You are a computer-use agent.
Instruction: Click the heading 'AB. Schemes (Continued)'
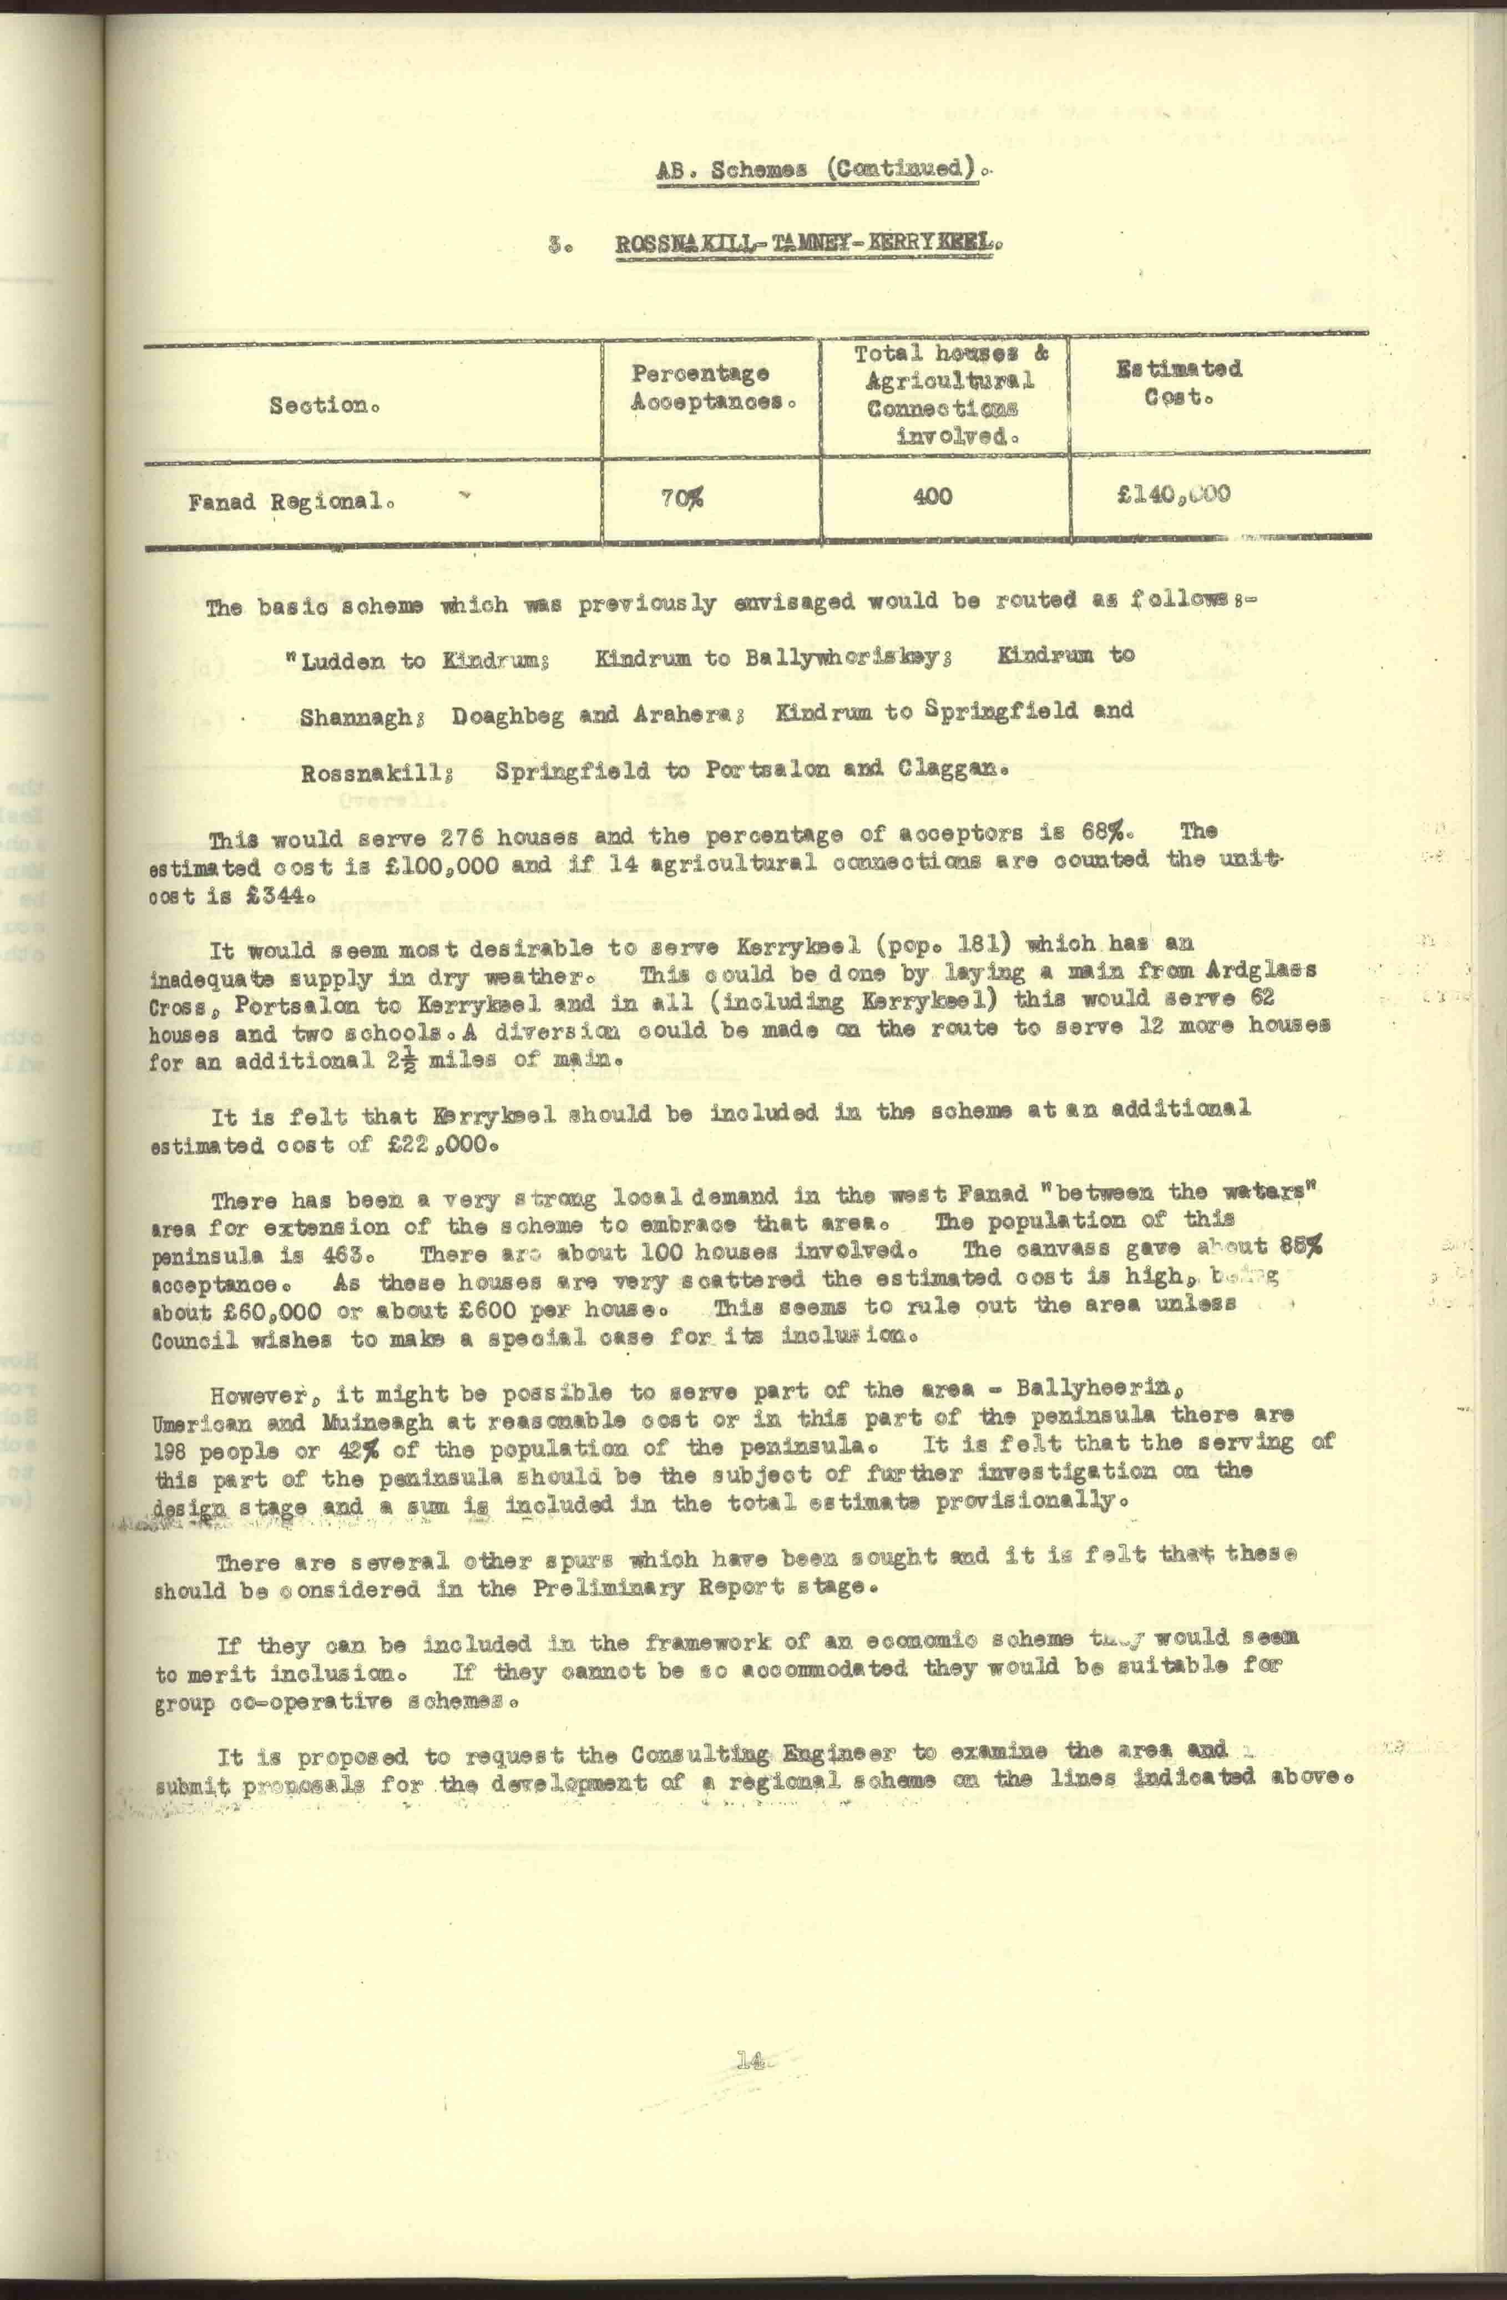[x=823, y=169]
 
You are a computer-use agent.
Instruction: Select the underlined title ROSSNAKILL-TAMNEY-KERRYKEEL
[x=807, y=242]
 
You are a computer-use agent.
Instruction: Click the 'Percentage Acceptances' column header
[x=714, y=387]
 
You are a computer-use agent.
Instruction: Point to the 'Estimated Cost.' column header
[x=1179, y=383]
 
